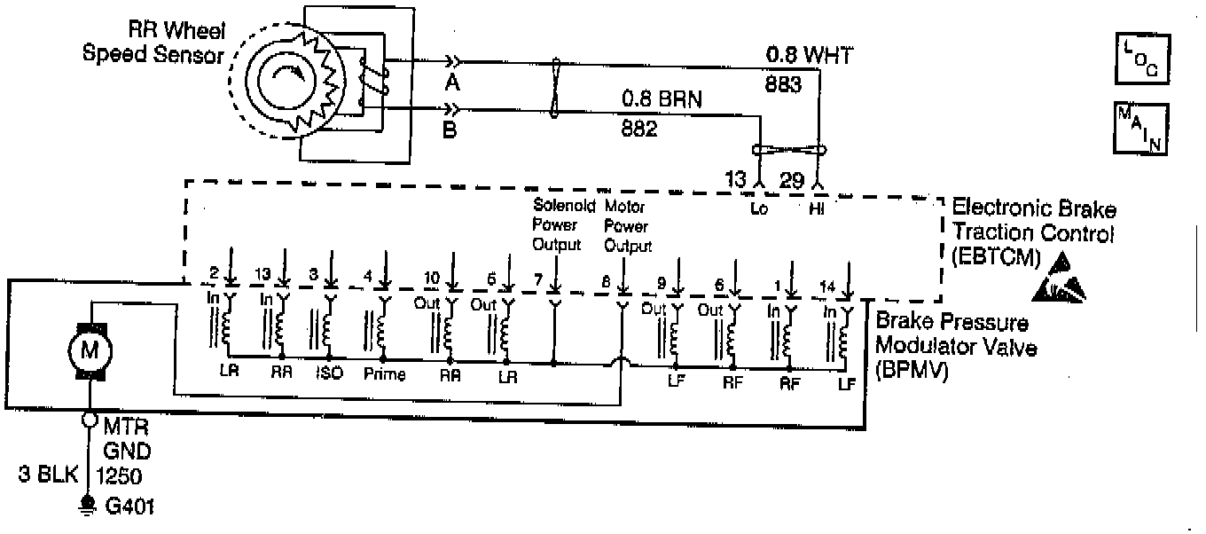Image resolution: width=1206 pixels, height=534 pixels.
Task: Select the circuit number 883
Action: tap(783, 85)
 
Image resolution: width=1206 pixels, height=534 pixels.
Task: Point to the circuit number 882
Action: tap(638, 130)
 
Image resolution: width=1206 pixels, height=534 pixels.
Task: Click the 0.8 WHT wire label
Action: tap(809, 57)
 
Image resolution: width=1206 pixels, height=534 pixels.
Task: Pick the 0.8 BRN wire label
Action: tap(661, 99)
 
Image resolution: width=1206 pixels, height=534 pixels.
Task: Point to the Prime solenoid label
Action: tap(385, 374)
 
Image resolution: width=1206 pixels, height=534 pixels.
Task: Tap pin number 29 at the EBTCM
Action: tap(791, 179)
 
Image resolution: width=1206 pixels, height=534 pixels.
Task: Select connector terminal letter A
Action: tap(453, 82)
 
